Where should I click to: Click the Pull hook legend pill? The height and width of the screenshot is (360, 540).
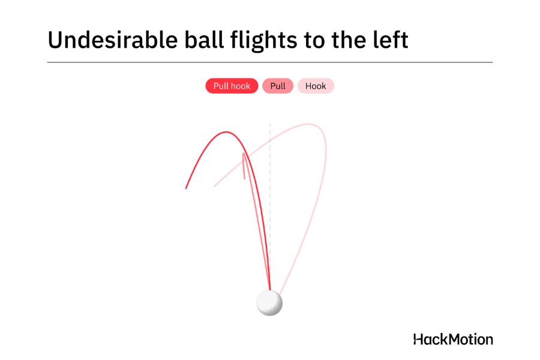232,86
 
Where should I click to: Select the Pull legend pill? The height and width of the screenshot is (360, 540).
278,86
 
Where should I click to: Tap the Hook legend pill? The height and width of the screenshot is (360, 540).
316,86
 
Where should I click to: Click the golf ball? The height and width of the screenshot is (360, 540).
269,303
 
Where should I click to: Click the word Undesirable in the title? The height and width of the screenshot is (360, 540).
113,40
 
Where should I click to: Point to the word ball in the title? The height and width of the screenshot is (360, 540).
205,40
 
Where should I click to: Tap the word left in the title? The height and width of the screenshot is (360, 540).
391,40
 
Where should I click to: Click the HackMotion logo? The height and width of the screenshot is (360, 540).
453,340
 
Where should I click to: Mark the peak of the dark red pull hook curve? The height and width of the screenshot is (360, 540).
226,132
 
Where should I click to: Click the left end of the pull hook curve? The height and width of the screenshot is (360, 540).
186,188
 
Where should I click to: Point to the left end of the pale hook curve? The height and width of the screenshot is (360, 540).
214,187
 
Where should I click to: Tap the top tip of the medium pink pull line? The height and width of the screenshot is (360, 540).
244,154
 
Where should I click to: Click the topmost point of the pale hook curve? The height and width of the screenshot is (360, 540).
309,124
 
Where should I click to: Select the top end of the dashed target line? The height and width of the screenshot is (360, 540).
270,124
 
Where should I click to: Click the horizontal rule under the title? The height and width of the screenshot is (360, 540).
270,62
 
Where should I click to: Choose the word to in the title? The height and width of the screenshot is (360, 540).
314,41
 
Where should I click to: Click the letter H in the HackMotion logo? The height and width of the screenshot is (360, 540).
418,340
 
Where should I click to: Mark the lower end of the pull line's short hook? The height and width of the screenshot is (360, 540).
245,178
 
